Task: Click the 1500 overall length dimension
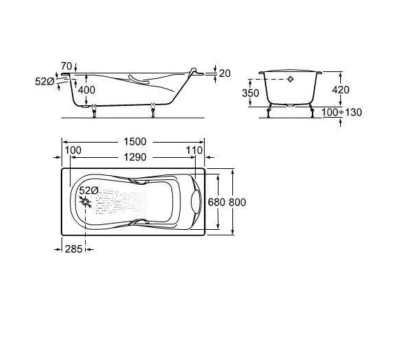pyautogui.click(x=135, y=142)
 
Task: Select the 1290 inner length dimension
pyautogui.click(x=135, y=157)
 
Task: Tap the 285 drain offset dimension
pyautogui.click(x=74, y=249)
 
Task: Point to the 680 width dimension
pyautogui.click(x=216, y=202)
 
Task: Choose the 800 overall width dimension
pyautogui.click(x=237, y=202)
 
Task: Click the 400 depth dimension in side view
pyautogui.click(x=86, y=90)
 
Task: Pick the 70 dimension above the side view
pyautogui.click(x=66, y=66)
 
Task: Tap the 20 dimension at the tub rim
pyautogui.click(x=225, y=73)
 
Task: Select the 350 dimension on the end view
pyautogui.click(x=250, y=93)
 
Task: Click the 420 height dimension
pyautogui.click(x=341, y=90)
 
